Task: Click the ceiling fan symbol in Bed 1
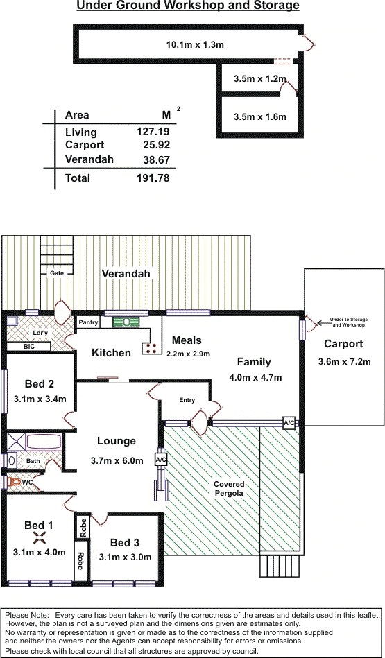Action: pyautogui.click(x=40, y=537)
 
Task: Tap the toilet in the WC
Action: pyautogui.click(x=15, y=482)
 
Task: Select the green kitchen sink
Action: pyautogui.click(x=126, y=322)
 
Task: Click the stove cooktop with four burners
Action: pyautogui.click(x=151, y=348)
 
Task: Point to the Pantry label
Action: pyautogui.click(x=89, y=322)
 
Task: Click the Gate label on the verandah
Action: pyautogui.click(x=57, y=273)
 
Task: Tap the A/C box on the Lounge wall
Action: pyautogui.click(x=161, y=460)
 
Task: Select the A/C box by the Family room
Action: pyautogui.click(x=289, y=423)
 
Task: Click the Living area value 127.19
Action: pyautogui.click(x=153, y=132)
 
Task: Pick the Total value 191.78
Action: pyautogui.click(x=153, y=178)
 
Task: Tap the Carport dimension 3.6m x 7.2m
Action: pyautogui.click(x=343, y=361)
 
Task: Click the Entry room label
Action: pyautogui.click(x=187, y=400)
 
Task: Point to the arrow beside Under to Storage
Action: pyautogui.click(x=323, y=323)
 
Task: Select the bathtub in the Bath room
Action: pyautogui.click(x=44, y=442)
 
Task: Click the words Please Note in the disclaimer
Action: pyautogui.click(x=27, y=615)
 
